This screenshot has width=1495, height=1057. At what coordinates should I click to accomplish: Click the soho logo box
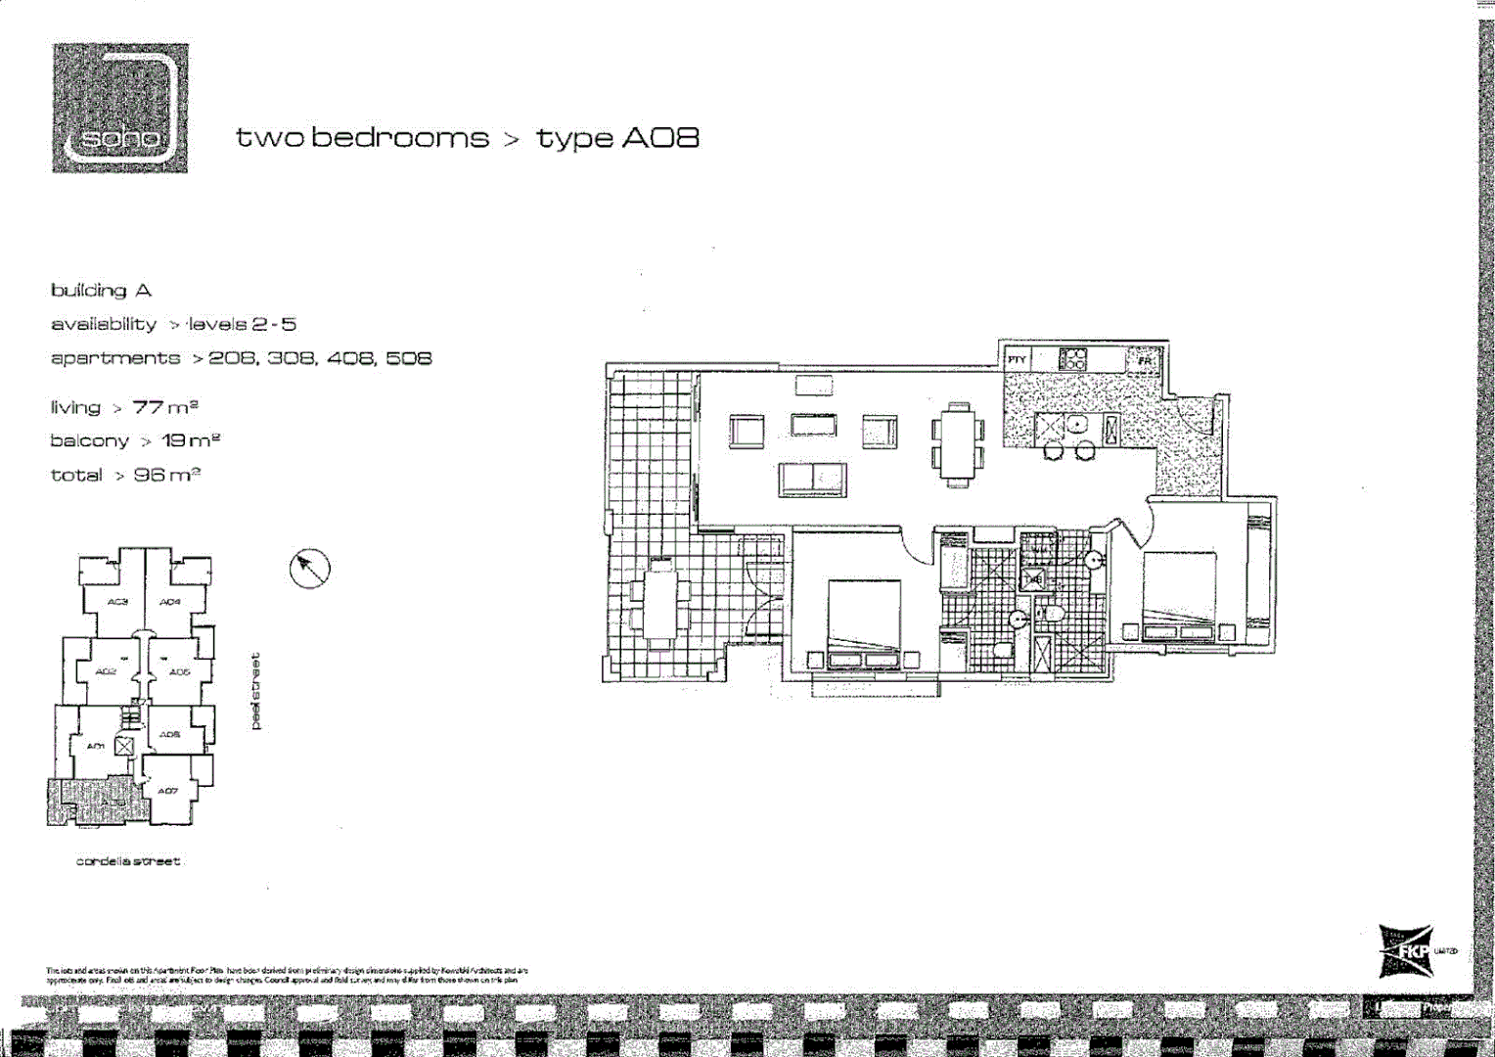(119, 108)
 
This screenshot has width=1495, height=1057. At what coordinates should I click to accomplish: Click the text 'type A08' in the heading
(617, 138)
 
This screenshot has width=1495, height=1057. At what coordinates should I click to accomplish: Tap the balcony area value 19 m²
(190, 440)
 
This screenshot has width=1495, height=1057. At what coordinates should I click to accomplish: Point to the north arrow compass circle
(310, 568)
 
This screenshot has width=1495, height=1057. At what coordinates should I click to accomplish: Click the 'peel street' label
(256, 691)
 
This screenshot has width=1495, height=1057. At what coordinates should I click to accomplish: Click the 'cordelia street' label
(128, 861)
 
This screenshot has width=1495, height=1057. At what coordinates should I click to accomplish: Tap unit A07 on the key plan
(168, 790)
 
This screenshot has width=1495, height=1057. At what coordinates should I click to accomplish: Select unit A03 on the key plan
(117, 601)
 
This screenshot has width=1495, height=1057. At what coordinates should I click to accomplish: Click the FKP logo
(1406, 951)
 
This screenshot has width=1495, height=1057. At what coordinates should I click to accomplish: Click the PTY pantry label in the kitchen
(1017, 360)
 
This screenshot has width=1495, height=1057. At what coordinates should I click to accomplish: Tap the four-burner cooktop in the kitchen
(1072, 359)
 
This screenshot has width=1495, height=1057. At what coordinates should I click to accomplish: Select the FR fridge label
(1145, 361)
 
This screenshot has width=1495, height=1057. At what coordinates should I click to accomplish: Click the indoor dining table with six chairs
(958, 443)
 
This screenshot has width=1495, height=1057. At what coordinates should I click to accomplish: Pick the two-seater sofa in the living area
(812, 480)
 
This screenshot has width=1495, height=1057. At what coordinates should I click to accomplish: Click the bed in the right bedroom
(1179, 595)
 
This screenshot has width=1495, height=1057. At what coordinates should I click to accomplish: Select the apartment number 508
(408, 358)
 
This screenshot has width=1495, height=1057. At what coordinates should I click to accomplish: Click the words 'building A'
(101, 291)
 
